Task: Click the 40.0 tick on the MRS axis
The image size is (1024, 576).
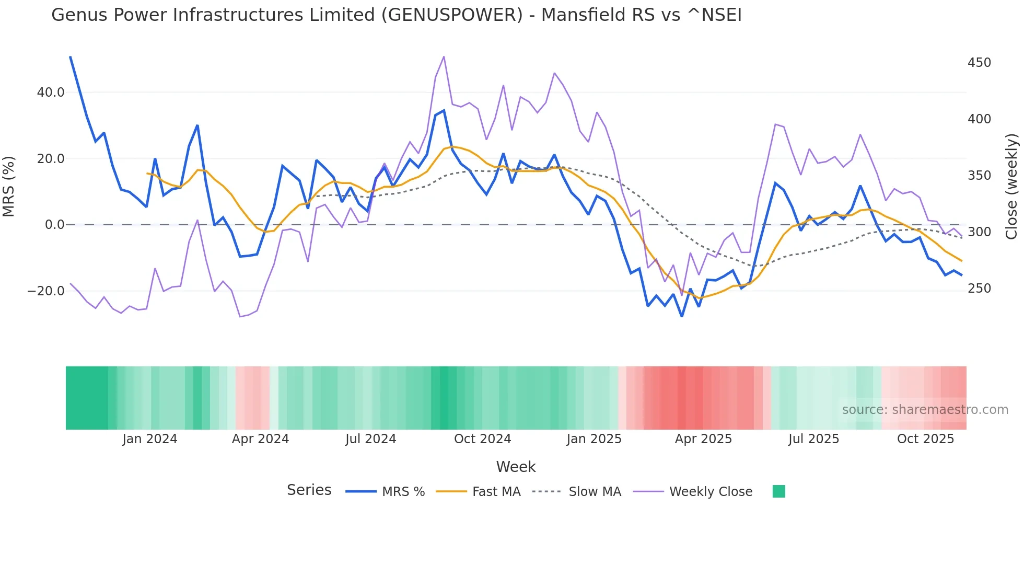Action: click(x=50, y=93)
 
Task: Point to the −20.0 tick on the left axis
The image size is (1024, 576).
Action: click(x=46, y=291)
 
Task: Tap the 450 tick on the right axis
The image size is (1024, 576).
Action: click(x=979, y=63)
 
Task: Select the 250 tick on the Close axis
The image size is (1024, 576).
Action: click(x=979, y=289)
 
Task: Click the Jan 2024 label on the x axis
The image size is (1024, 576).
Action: click(x=150, y=439)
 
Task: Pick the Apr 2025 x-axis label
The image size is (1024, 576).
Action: click(x=703, y=439)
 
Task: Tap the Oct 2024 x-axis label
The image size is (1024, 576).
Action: click(x=482, y=439)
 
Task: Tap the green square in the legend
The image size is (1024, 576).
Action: click(x=778, y=491)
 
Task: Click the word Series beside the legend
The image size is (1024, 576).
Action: click(x=309, y=490)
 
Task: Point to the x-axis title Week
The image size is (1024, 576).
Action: click(x=516, y=467)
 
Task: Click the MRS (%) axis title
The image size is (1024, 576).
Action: click(x=9, y=186)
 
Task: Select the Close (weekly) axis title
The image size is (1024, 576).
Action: click(x=1011, y=186)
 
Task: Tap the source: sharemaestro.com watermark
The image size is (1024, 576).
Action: click(x=925, y=410)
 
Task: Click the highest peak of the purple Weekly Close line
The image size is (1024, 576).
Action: click(x=444, y=56)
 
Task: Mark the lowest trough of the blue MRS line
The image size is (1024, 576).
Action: click(x=682, y=316)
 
